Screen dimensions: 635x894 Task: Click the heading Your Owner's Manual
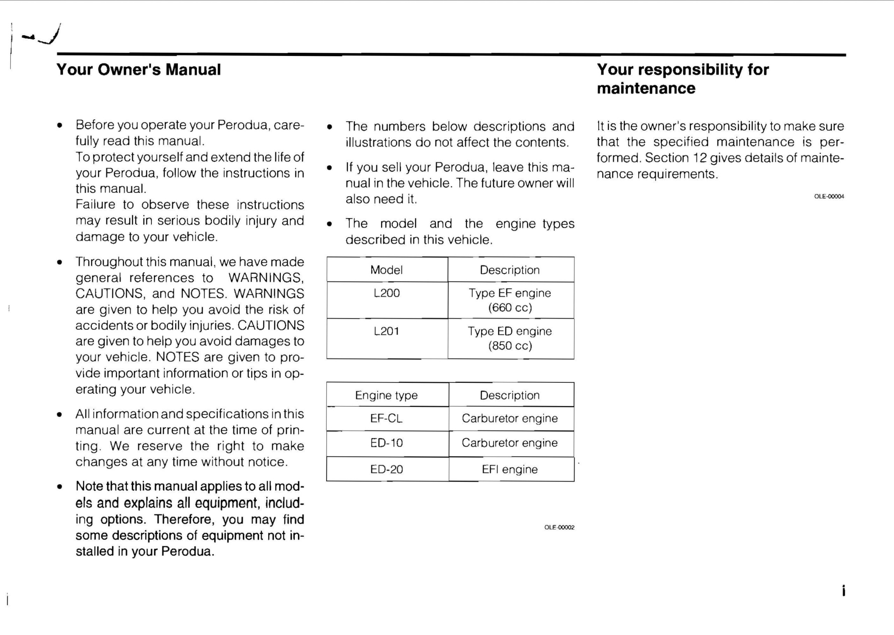138,70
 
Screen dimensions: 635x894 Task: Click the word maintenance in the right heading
646,88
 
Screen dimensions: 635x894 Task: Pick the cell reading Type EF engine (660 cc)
510,300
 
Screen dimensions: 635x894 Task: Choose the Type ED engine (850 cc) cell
510,338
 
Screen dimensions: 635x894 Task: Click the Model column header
386,270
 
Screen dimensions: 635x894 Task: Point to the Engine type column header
386,395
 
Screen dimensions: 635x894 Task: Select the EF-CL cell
386,419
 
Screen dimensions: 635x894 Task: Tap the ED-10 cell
386,443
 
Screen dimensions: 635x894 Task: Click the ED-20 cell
386,469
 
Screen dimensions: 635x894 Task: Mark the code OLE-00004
829,197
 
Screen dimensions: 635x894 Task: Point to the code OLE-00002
559,527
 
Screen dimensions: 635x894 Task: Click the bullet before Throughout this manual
59,262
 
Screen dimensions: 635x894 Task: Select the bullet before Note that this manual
59,487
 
